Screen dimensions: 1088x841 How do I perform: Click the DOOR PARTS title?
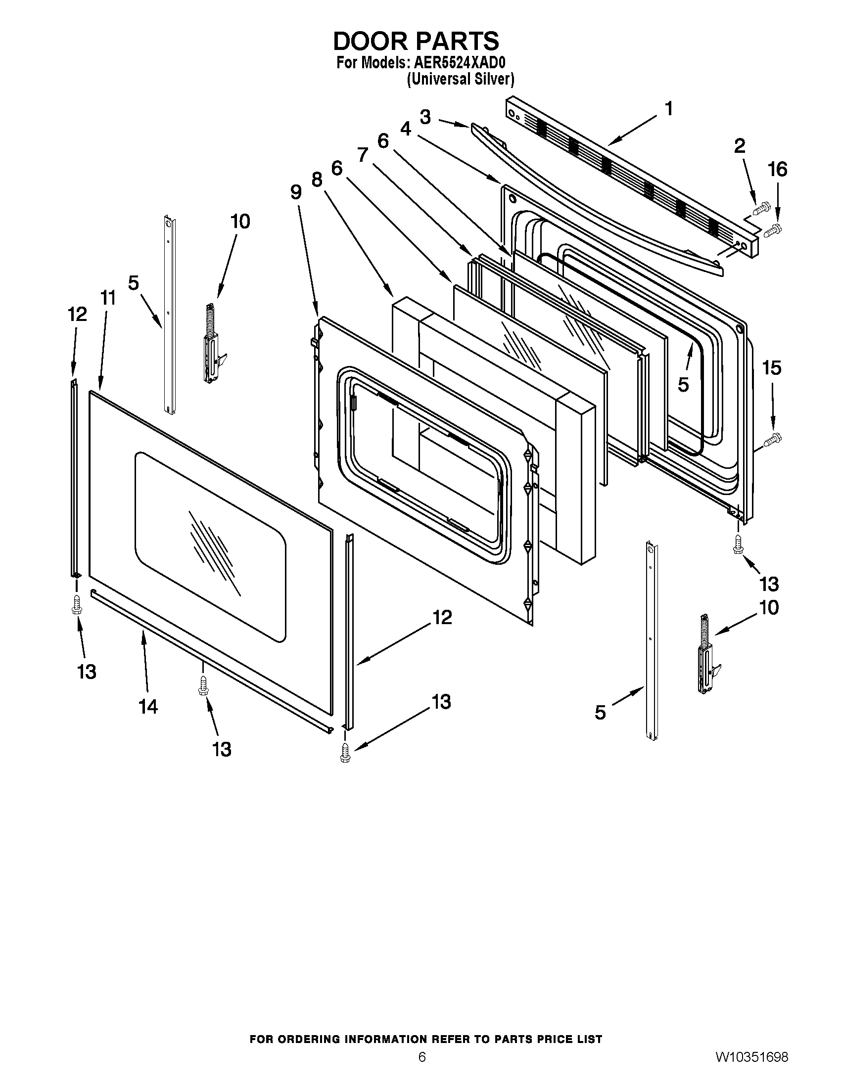tap(416, 42)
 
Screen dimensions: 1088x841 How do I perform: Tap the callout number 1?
tap(669, 108)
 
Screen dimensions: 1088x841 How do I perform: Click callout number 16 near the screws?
tap(778, 170)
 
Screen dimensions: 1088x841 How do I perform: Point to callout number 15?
tap(771, 368)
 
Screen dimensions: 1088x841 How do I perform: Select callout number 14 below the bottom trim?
tap(148, 706)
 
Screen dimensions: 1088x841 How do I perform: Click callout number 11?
tap(108, 298)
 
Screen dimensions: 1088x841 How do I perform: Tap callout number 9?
tap(296, 192)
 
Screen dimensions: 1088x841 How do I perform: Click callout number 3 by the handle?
tap(425, 117)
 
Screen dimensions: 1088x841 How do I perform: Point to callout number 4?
tap(406, 129)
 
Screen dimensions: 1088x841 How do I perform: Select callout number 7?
tap(362, 155)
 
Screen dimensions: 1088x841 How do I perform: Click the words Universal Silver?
tap(461, 79)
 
